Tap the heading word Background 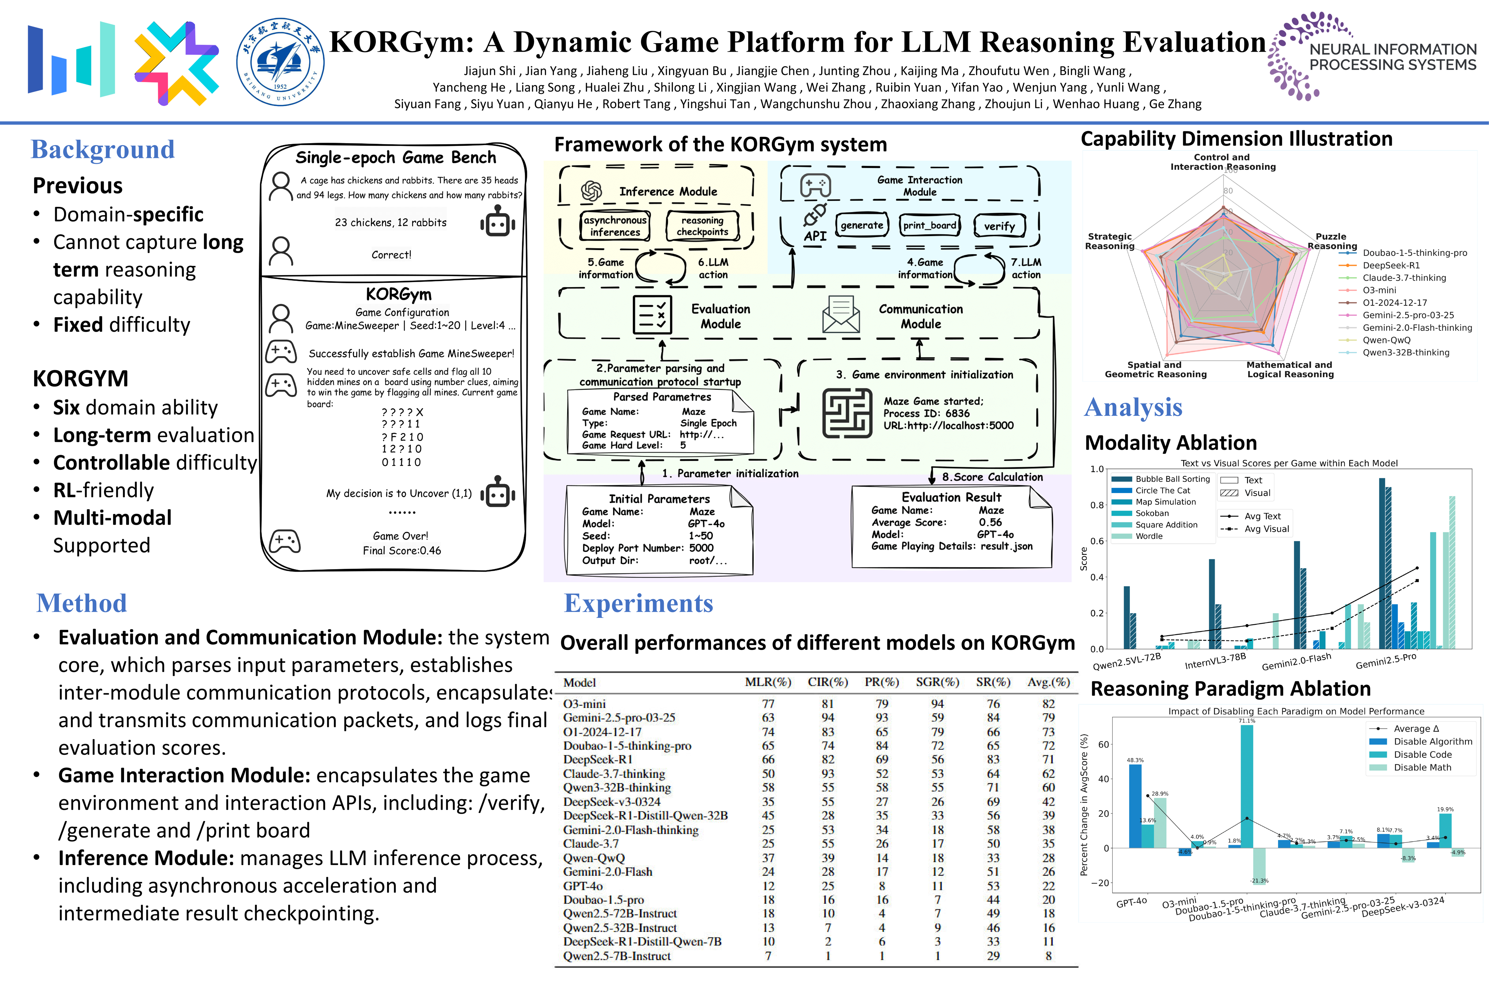pos(103,149)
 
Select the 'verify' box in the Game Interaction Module pos(999,225)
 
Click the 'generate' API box pos(862,225)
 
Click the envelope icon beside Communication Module pos(841,315)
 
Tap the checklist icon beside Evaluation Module pos(652,315)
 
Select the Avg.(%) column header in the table pos(1049,682)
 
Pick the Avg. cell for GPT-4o pos(1049,885)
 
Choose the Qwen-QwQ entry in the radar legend pos(1386,340)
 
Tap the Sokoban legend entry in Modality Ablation pos(1152,513)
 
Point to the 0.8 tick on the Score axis pos(1096,505)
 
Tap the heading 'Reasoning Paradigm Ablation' pos(1230,689)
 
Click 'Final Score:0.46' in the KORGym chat pos(401,550)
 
